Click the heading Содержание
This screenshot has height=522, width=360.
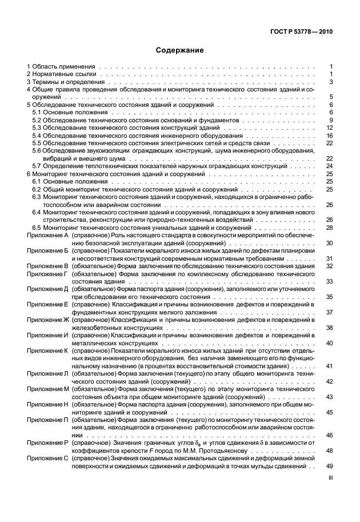(180, 50)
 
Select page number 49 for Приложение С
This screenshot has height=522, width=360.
(329, 466)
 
